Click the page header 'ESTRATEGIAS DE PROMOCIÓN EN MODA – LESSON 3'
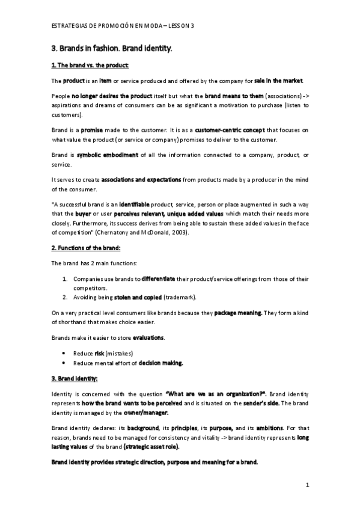point(123,26)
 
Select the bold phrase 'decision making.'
point(160,363)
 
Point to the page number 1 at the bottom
point(307,485)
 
